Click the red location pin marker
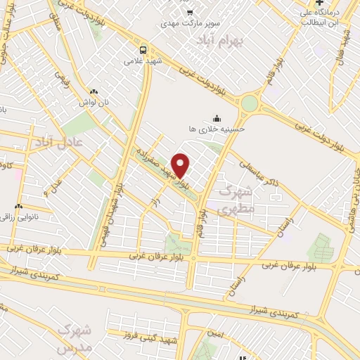pos(181,165)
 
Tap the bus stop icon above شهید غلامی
pos(143,50)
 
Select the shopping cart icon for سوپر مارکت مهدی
pos(190,12)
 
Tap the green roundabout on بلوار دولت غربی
pos(250,104)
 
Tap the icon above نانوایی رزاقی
pos(19,207)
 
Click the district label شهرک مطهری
pos(235,199)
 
